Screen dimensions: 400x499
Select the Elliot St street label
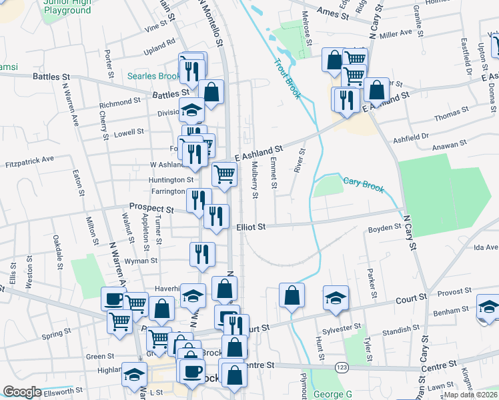click(251, 227)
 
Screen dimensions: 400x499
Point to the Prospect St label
click(151, 208)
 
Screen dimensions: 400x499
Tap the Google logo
click(22, 392)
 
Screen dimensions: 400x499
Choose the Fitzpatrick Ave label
click(29, 161)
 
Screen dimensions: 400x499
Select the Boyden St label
click(384, 228)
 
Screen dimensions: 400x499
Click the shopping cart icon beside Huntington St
click(225, 175)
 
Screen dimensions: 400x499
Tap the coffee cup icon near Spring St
click(113, 299)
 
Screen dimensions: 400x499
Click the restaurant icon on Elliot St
click(216, 216)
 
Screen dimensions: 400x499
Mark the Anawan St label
click(450, 144)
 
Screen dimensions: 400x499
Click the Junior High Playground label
click(67, 6)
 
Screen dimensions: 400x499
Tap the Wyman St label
click(141, 261)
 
